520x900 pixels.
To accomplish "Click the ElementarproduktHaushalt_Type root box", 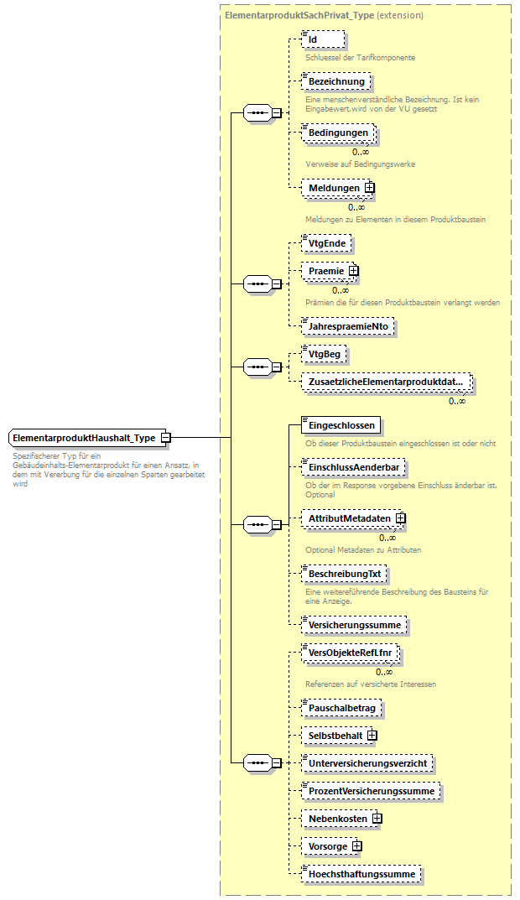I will coord(84,438).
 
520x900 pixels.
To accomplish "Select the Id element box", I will coord(322,39).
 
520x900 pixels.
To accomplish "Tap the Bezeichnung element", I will coord(335,81).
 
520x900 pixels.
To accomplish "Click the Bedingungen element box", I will coord(337,133).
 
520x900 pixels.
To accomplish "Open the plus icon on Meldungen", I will coord(369,188).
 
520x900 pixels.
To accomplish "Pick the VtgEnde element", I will coord(326,243).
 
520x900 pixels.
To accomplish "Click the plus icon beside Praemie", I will coord(353,271).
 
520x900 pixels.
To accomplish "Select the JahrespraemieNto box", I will coord(347,325).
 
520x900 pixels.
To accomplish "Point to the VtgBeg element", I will coord(325,355).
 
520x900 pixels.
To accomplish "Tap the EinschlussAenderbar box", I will coord(352,466).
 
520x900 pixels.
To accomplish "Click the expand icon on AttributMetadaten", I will coord(400,518).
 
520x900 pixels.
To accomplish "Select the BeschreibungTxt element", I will coord(345,574).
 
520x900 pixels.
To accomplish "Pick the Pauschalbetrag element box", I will coord(341,708).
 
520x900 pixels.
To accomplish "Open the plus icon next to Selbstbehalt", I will coord(372,736).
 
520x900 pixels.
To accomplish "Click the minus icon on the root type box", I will coord(166,438).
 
